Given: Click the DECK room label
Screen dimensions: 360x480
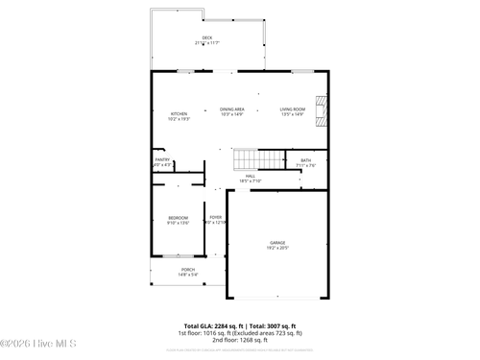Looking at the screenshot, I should [206, 38].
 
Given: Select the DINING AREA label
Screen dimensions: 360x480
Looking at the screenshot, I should [232, 109].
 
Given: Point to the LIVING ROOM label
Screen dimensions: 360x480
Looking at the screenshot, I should [293, 109].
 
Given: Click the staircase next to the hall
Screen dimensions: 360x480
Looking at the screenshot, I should [249, 159].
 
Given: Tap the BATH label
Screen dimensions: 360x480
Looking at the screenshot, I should [305, 160].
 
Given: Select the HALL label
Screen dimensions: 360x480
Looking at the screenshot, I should [250, 176].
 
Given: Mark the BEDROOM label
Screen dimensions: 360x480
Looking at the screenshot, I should [179, 218].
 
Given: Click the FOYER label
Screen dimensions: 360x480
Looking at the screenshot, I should [216, 218].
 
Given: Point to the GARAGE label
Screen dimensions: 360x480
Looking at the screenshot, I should [277, 242].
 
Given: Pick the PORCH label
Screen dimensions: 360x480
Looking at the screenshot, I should [188, 270].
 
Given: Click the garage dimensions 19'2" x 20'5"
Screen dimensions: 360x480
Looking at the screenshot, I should [277, 248].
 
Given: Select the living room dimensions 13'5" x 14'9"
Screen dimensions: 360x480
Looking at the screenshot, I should [293, 115].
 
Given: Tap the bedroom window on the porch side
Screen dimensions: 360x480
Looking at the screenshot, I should [179, 256].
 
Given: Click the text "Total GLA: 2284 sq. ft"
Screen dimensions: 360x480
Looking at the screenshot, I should [209, 325].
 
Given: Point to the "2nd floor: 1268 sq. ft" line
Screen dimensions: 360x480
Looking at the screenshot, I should [240, 339].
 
